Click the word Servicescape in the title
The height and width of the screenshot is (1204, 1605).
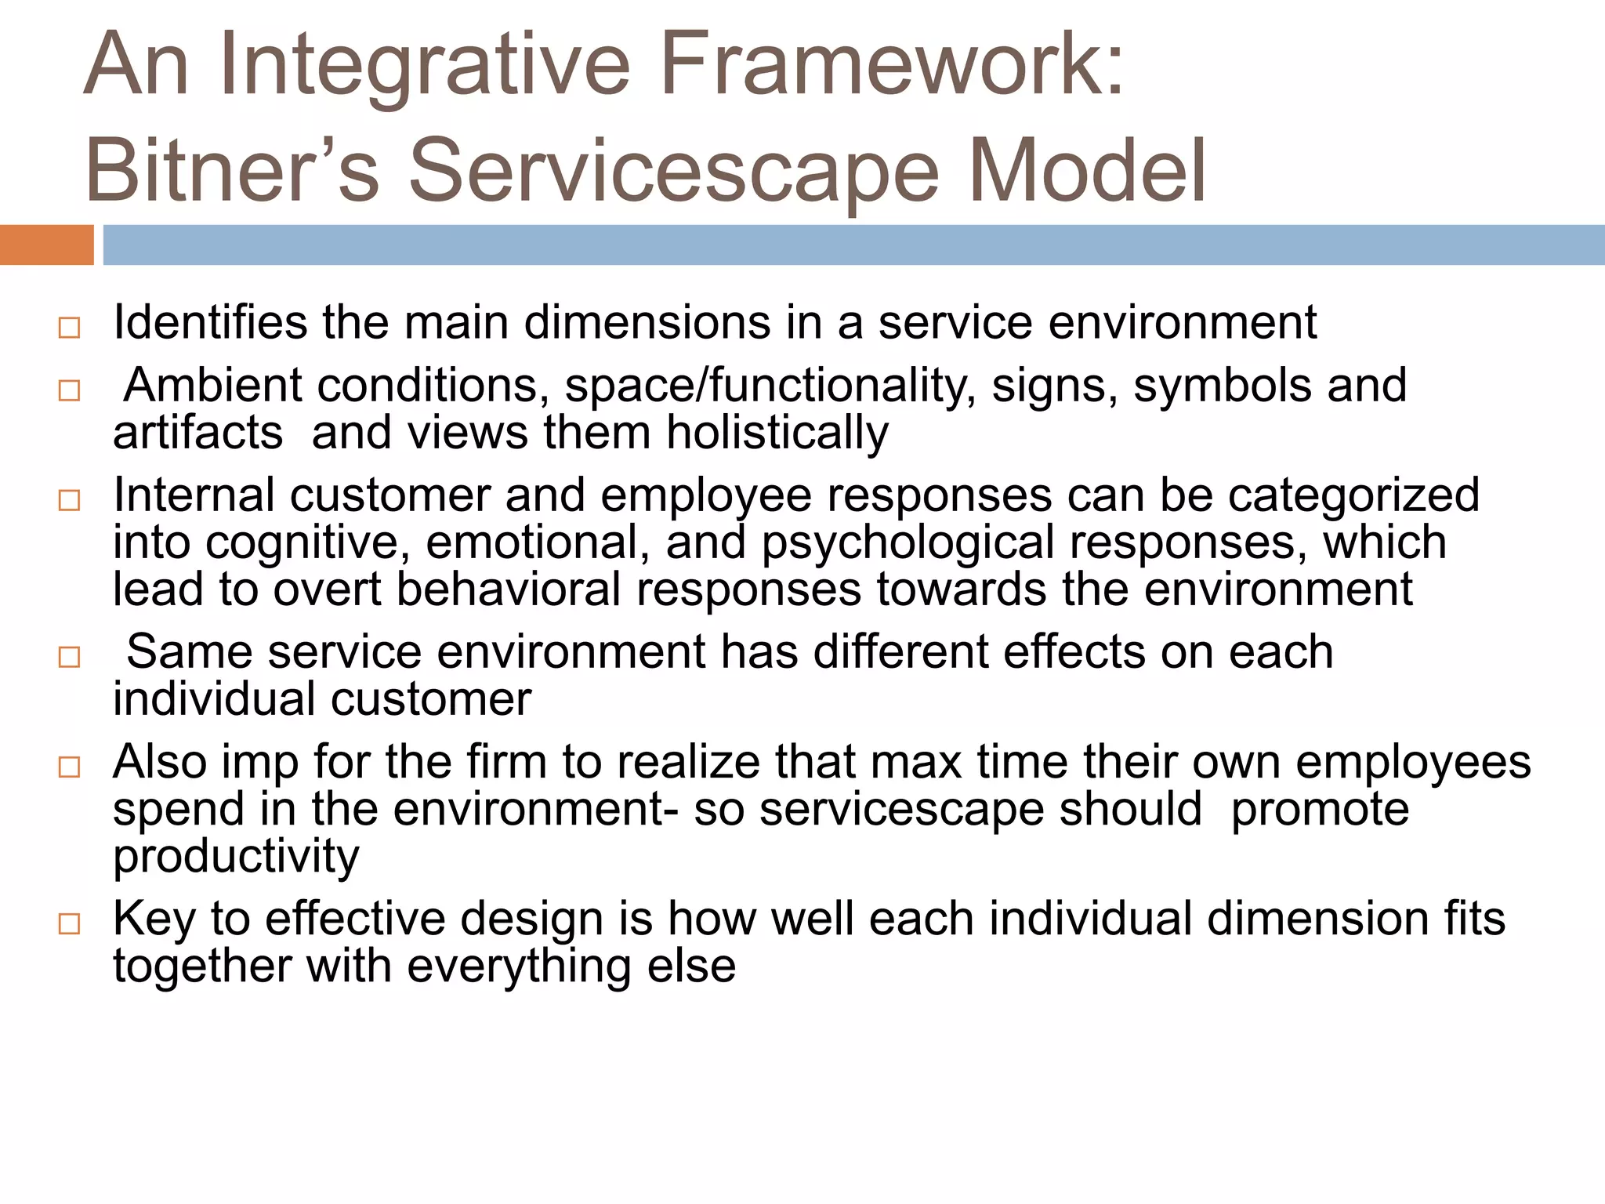point(673,171)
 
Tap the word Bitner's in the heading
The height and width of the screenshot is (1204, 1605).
point(231,171)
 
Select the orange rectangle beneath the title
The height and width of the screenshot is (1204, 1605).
point(46,245)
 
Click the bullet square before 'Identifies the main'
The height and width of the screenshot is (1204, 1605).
point(69,328)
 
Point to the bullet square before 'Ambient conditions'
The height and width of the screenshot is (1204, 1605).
point(69,390)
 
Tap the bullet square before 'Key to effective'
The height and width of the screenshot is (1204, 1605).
point(69,923)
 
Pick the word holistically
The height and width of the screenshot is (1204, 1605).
point(777,433)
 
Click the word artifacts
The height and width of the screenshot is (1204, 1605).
point(197,433)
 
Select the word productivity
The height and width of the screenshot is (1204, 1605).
point(236,856)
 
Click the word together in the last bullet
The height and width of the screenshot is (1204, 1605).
point(202,965)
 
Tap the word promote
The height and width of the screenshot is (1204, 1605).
point(1320,809)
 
